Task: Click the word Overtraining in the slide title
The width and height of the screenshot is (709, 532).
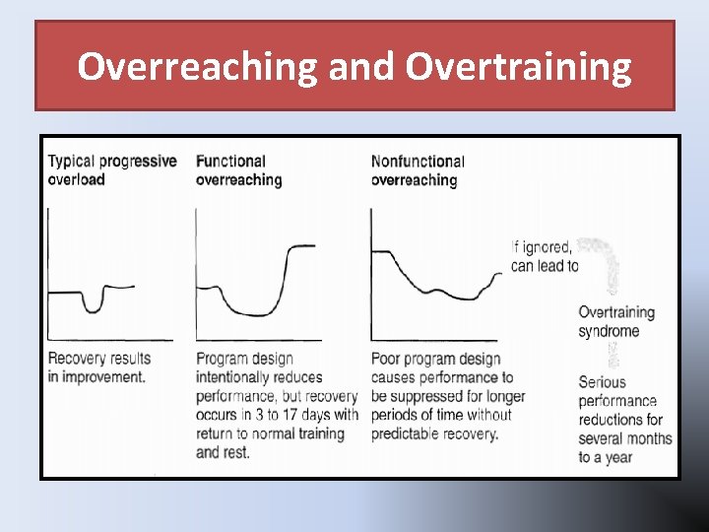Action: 518,67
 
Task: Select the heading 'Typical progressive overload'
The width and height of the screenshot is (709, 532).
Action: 111,170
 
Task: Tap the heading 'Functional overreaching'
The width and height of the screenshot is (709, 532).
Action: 238,170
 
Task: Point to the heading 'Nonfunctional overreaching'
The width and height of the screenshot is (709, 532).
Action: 418,170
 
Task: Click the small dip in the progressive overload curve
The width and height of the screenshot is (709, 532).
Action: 94,305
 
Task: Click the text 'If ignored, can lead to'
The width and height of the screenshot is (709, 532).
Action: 544,256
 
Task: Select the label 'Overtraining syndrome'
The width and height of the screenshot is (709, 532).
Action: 616,321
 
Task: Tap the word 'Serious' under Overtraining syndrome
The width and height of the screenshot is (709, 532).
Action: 602,382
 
